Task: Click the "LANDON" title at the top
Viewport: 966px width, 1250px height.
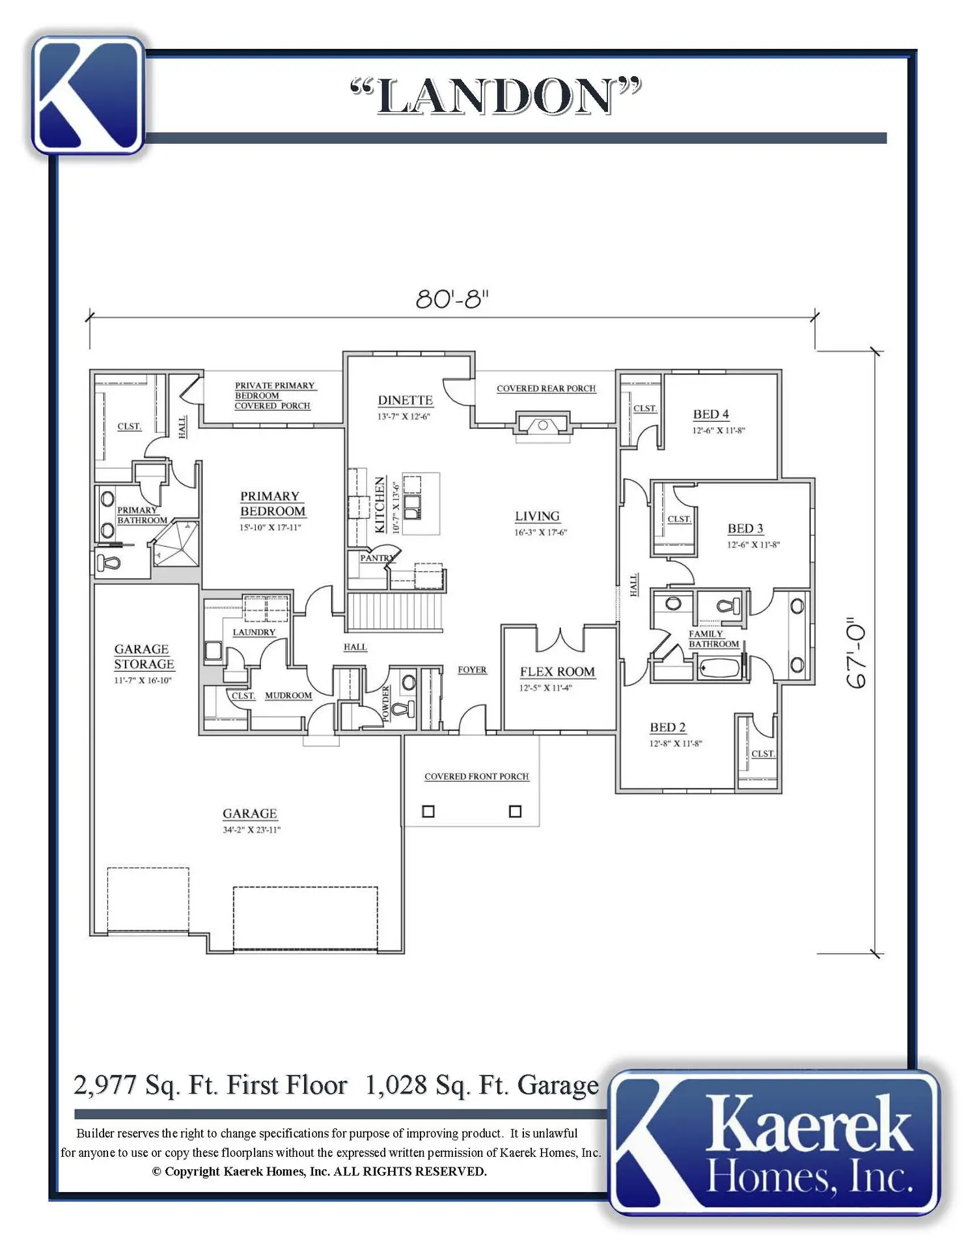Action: tap(495, 96)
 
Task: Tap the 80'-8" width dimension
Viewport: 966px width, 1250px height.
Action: tap(452, 299)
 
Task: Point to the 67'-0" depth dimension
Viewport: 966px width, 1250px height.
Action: tap(857, 653)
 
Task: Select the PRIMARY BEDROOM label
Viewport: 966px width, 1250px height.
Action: tap(273, 504)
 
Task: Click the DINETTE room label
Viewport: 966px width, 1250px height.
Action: tap(405, 400)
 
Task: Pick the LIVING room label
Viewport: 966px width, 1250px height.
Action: tap(537, 516)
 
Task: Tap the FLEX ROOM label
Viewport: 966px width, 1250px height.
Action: tap(557, 672)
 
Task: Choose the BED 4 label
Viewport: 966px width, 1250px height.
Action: tap(711, 414)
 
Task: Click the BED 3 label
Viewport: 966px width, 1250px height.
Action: tap(745, 529)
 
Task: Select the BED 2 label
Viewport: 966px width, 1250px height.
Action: tap(667, 727)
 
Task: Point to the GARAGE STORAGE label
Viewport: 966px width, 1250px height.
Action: tap(144, 657)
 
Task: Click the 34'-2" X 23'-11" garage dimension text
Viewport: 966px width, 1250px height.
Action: tap(251, 830)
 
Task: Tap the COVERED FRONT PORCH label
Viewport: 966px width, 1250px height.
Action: tap(476, 777)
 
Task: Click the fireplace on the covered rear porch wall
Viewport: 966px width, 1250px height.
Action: tap(543, 424)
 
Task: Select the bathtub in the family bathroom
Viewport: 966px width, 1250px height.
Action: tap(719, 668)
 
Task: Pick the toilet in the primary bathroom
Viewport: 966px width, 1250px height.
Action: tap(108, 561)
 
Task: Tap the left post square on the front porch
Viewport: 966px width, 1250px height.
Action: tap(428, 811)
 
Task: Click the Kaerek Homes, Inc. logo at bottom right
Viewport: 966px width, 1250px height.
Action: tap(775, 1143)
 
